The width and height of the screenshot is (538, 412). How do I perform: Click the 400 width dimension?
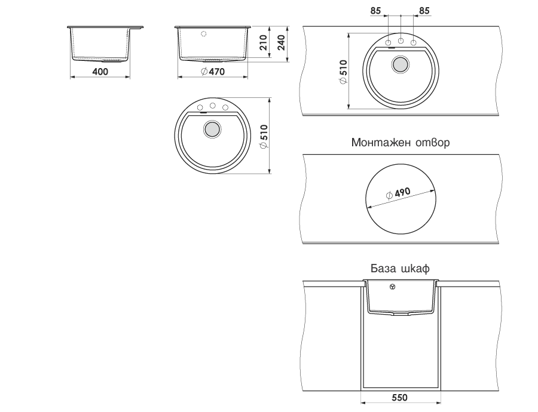click(x=100, y=72)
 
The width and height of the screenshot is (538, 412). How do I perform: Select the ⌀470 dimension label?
click(x=213, y=72)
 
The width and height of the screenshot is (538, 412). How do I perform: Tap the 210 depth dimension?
click(x=264, y=42)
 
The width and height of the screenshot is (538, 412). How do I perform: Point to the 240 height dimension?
click(x=282, y=42)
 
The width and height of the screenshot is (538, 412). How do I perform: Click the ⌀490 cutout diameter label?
click(x=398, y=193)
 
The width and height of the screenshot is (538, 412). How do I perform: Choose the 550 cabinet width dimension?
click(x=400, y=398)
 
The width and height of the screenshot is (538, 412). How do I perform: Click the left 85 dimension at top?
click(x=376, y=11)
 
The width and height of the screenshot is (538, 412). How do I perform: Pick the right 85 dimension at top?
click(x=424, y=11)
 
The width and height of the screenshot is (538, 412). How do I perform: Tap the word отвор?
click(x=432, y=143)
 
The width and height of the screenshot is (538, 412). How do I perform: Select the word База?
click(x=381, y=268)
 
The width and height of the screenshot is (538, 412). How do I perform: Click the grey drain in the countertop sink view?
click(x=400, y=64)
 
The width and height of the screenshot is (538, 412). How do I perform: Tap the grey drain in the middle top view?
click(x=212, y=129)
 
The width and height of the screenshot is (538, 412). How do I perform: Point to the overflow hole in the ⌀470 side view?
click(x=204, y=34)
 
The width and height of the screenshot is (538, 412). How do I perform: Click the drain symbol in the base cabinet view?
click(x=393, y=287)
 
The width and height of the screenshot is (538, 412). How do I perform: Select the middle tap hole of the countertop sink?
click(x=401, y=41)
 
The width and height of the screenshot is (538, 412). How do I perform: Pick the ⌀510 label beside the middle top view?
click(x=264, y=136)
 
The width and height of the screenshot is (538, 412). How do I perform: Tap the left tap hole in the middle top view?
click(x=200, y=107)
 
